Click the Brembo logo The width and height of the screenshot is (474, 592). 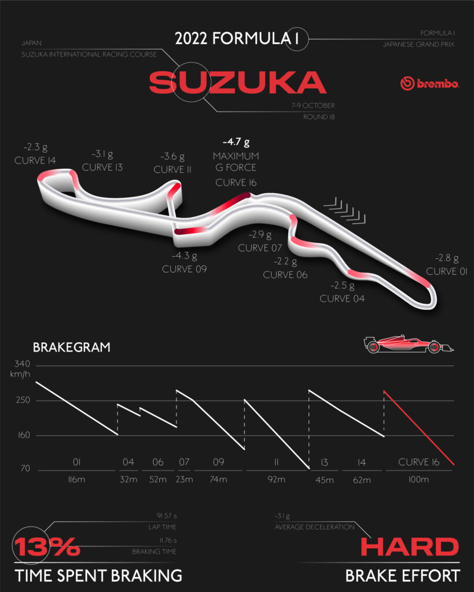[430, 83]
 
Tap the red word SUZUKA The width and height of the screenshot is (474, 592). [237, 82]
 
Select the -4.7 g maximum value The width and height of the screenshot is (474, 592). [236, 142]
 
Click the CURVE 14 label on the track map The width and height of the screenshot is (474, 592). [35, 161]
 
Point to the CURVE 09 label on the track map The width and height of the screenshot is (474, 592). [185, 269]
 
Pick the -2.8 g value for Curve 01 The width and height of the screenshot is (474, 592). [447, 258]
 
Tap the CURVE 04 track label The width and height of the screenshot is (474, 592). [342, 299]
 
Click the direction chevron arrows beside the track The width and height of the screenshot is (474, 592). [345, 210]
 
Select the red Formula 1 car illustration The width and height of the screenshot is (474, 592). [409, 344]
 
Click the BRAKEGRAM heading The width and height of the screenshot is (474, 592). [71, 347]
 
